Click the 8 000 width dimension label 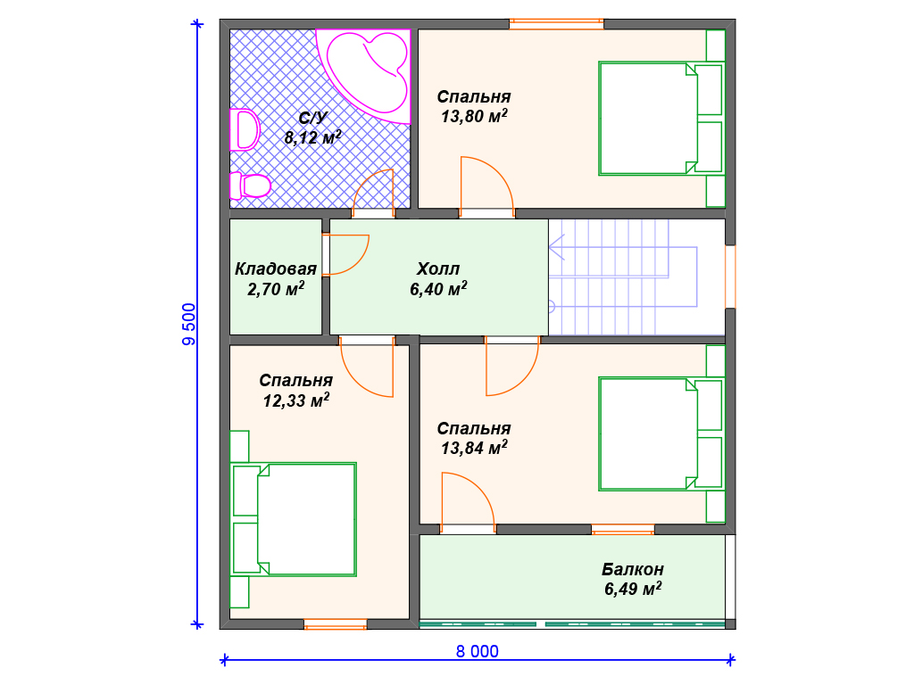click(x=477, y=651)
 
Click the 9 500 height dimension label click(x=189, y=325)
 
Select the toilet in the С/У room click(x=250, y=186)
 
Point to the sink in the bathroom click(x=245, y=130)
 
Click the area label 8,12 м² click(x=312, y=137)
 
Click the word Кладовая click(x=276, y=268)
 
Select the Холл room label click(x=437, y=268)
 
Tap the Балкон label click(x=633, y=569)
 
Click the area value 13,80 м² click(x=474, y=116)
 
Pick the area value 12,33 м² click(x=296, y=400)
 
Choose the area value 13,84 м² click(x=474, y=448)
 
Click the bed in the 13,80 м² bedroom click(x=661, y=119)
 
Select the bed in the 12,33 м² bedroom click(x=294, y=520)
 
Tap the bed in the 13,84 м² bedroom click(x=661, y=433)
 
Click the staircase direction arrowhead click(x=557, y=248)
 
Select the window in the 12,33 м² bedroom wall click(x=336, y=624)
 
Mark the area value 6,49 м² click(x=633, y=589)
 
